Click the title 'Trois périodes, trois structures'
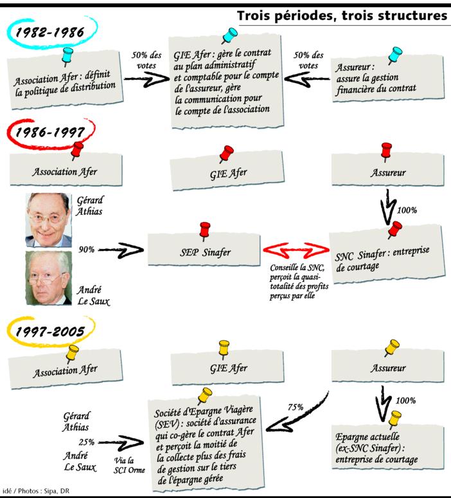click(342, 15)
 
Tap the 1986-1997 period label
click(50, 133)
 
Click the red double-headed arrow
click(295, 249)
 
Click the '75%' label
click(296, 407)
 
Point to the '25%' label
click(87, 442)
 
